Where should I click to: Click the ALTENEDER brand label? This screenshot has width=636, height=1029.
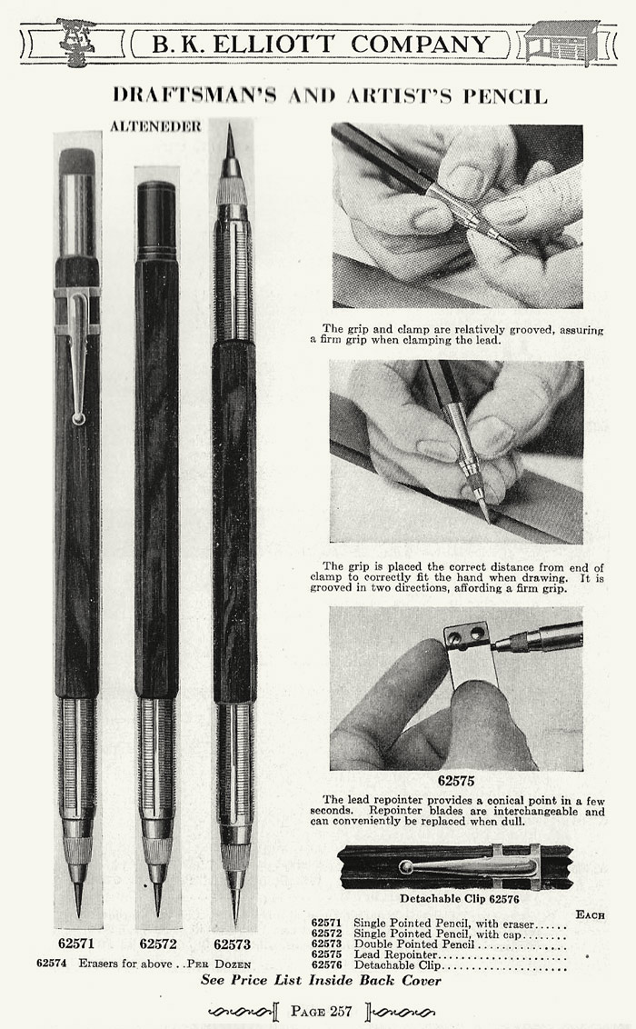pyautogui.click(x=155, y=127)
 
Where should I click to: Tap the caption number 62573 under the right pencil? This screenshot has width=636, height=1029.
pyautogui.click(x=233, y=944)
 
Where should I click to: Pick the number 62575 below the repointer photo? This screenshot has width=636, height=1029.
pyautogui.click(x=456, y=780)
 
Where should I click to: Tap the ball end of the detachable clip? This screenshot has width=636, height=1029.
pyautogui.click(x=405, y=866)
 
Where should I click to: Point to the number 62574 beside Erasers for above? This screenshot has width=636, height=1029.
pyautogui.click(x=53, y=963)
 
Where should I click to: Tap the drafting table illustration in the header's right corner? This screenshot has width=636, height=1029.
pyautogui.click(x=561, y=42)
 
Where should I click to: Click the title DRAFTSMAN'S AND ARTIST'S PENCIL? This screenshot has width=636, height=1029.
pyautogui.click(x=330, y=95)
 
